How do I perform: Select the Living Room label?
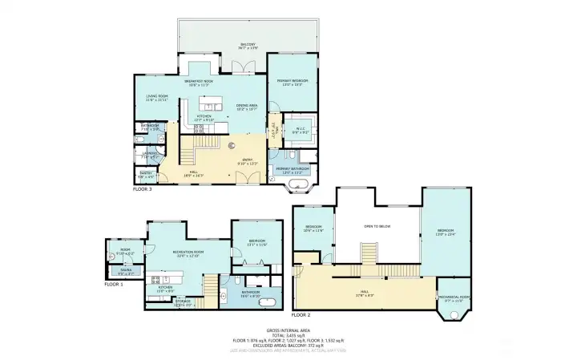(156, 98)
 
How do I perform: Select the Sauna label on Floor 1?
(127, 270)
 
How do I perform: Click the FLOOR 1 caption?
(114, 284)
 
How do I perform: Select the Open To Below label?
(377, 226)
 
